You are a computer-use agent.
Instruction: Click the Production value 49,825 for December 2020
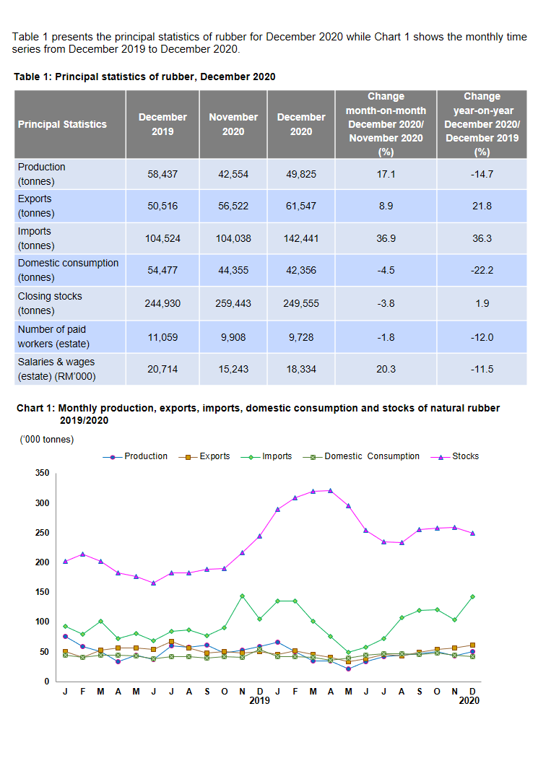301,175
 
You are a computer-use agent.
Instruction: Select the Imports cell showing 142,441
301,238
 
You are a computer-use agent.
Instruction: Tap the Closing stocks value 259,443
233,303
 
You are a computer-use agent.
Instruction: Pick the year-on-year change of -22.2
482,270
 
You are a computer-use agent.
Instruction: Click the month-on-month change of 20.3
386,369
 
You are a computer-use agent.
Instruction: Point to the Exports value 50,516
162,206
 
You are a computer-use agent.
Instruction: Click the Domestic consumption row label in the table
68,270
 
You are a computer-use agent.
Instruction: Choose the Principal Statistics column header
62,124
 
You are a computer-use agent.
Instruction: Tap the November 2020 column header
233,124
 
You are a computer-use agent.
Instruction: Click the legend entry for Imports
277,456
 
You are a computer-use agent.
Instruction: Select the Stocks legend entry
465,456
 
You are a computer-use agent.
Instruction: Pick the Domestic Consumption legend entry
371,456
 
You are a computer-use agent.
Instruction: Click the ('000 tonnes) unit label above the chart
47,439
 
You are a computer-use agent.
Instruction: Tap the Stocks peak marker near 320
330,490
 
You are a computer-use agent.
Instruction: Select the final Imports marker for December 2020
473,596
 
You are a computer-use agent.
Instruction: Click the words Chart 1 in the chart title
35,408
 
